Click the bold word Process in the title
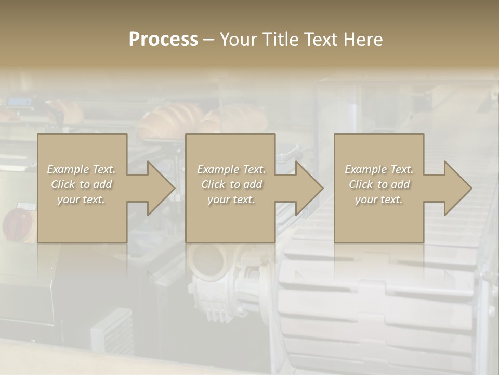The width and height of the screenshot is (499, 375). coord(163,40)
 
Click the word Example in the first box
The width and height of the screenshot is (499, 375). coord(68,169)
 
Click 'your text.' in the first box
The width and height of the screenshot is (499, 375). coord(81,199)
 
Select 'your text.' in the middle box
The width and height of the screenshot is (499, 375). coord(231,199)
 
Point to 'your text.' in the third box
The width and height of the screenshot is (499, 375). coord(378,199)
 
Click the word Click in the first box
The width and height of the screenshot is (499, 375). coord(62,184)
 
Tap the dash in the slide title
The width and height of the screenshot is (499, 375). coord(209,40)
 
